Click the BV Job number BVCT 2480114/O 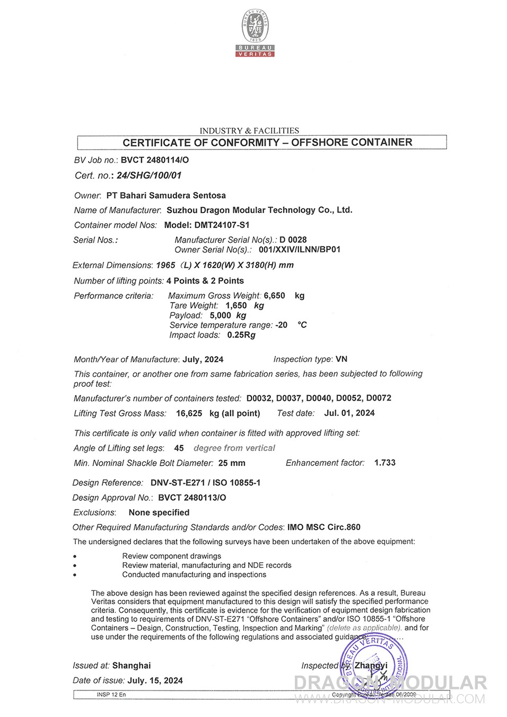point(155,160)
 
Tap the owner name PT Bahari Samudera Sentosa point(166,196)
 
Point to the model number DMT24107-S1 point(222,225)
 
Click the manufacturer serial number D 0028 point(293,240)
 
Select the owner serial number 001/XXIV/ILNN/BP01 point(300,250)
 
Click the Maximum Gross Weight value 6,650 point(274,296)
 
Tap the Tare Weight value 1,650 point(236,306)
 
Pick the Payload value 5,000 point(220,315)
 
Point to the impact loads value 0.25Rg point(241,335)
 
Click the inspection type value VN point(342,359)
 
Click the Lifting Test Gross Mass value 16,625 point(189,413)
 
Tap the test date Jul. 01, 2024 point(349,413)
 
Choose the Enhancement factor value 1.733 point(384,463)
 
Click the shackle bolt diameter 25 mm point(232,463)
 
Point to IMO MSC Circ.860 point(324,527)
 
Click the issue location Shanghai point(132,666)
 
